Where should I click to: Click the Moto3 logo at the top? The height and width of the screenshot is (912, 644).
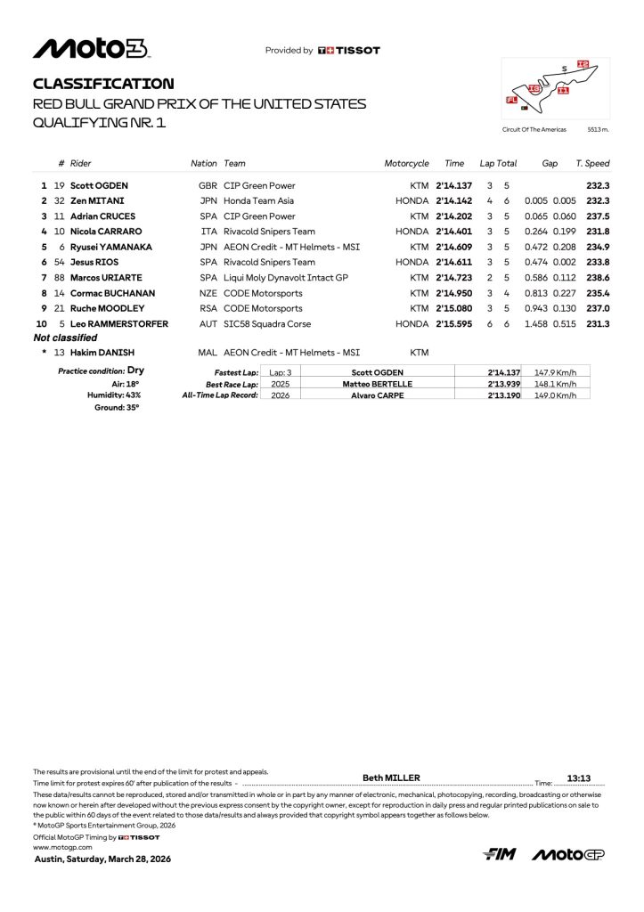coord(91,49)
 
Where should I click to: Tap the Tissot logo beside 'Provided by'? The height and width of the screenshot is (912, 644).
coord(348,51)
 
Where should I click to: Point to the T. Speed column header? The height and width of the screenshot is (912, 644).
coord(592,164)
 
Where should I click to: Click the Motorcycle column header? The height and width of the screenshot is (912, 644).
coord(406,164)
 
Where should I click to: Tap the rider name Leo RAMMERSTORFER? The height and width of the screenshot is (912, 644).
coord(119,324)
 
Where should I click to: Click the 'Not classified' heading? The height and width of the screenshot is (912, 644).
coord(65,338)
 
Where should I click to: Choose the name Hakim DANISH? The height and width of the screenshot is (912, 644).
coord(102,354)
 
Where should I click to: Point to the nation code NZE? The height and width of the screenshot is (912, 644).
coord(208,293)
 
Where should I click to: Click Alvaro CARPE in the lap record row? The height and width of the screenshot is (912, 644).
coord(378,395)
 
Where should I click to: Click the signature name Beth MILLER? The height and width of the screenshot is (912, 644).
coord(391,778)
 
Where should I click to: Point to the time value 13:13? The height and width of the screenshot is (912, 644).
coord(579,778)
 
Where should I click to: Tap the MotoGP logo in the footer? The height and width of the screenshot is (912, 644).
coord(568,855)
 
